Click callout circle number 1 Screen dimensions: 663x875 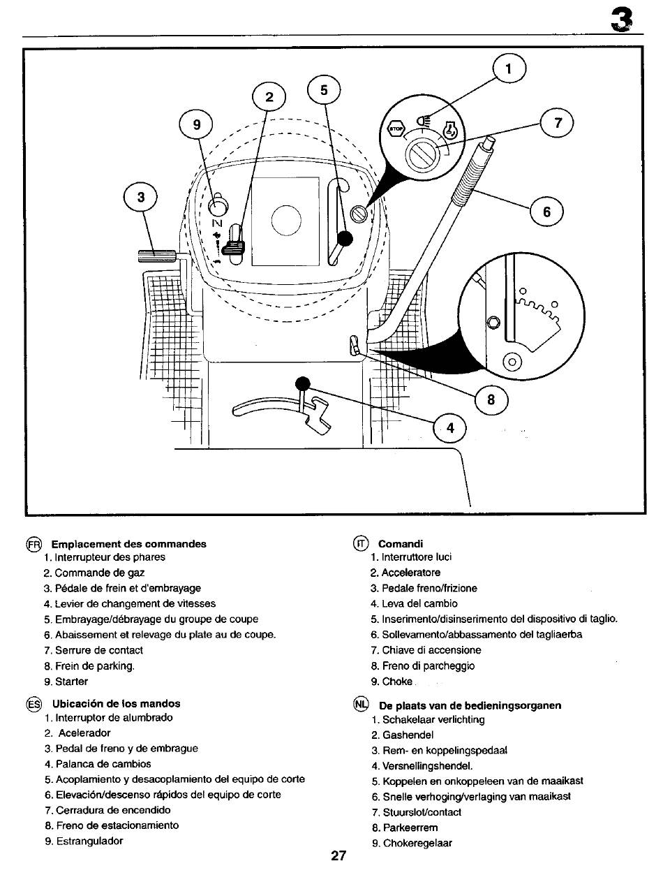pyautogui.click(x=509, y=68)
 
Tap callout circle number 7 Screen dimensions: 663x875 pyautogui.click(x=557, y=122)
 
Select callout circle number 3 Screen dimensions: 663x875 pyautogui.click(x=140, y=198)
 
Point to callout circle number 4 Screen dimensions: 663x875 pyautogui.click(x=449, y=428)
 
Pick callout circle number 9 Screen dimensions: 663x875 pyautogui.click(x=197, y=125)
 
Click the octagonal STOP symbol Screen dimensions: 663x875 pyautogui.click(x=396, y=128)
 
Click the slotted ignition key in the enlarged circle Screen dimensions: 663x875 pyautogui.click(x=422, y=155)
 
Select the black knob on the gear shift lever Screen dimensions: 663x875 pyautogui.click(x=303, y=384)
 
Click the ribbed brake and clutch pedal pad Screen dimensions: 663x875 pyautogui.click(x=156, y=256)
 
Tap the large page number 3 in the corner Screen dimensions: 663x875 pyautogui.click(x=622, y=20)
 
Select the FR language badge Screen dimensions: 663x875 pyautogui.click(x=33, y=544)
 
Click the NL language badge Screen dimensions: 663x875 pyautogui.click(x=361, y=704)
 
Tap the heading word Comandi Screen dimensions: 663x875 pyautogui.click(x=400, y=544)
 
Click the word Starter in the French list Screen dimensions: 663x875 pyautogui.click(x=71, y=682)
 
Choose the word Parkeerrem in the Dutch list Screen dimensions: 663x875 pyautogui.click(x=410, y=828)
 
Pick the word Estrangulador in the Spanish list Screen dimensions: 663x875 pyautogui.click(x=89, y=841)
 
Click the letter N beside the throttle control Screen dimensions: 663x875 pyautogui.click(x=218, y=223)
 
